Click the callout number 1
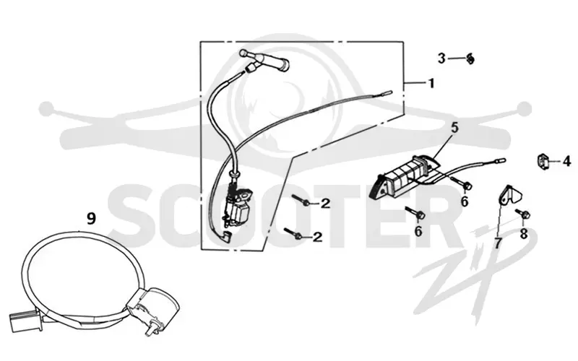pos(431,83)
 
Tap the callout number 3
pos(441,58)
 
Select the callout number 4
pos(566,161)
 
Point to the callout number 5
pos(454,129)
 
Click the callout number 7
pos(498,243)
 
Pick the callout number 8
pos(523,233)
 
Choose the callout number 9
pos(91,219)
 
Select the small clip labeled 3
pos(470,58)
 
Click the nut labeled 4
pos(541,161)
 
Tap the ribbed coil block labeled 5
pos(404,175)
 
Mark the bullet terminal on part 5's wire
pos(501,160)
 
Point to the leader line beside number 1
pos(414,84)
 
